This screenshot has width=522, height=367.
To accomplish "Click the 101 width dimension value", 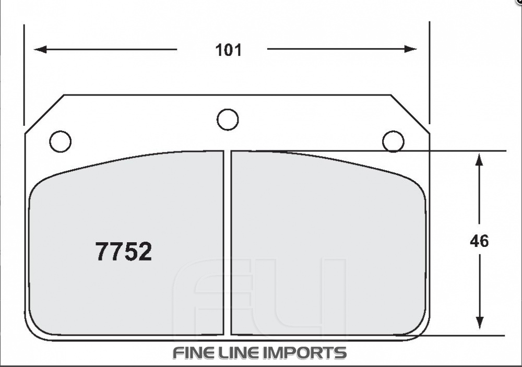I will (x=229, y=50).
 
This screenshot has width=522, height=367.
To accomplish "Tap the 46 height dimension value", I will (x=479, y=241).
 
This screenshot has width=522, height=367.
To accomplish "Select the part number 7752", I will (x=123, y=252).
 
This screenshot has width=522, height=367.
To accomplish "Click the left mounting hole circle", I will (x=60, y=141).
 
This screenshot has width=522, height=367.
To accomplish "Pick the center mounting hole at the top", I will (x=228, y=120).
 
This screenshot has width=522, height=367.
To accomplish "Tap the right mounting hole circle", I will (x=393, y=141).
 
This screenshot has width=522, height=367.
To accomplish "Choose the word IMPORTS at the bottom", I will (x=306, y=353).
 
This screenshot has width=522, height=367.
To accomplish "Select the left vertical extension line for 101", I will (x=25, y=73).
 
